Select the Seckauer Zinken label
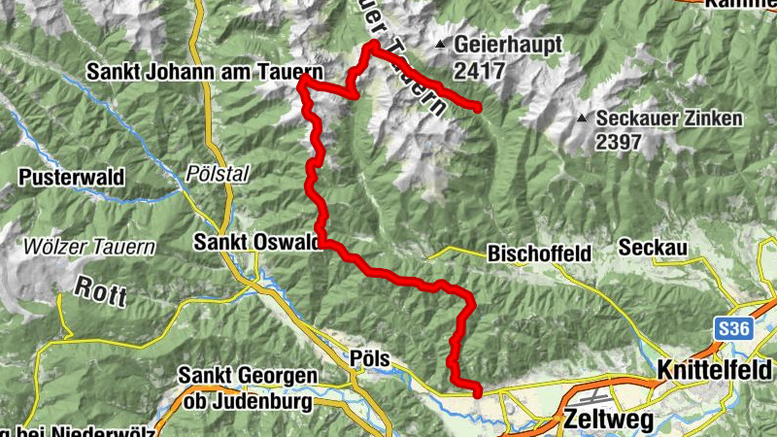669,118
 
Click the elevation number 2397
619,143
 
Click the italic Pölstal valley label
202,174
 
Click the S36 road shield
735,330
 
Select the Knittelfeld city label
715,370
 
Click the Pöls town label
370,359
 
